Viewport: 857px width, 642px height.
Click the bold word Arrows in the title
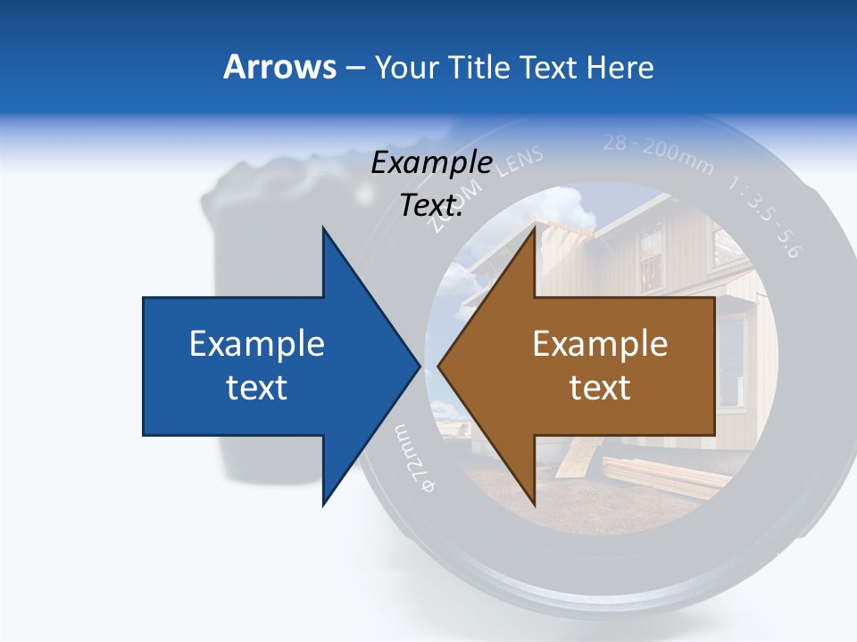(x=280, y=67)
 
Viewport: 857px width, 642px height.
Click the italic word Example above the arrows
(x=431, y=163)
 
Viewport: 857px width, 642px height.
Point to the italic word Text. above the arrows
(x=431, y=205)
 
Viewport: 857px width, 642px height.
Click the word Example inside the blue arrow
(x=257, y=343)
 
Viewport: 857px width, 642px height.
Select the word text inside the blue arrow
(x=257, y=387)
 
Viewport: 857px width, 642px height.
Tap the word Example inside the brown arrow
(x=600, y=343)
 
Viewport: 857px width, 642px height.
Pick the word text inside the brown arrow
(x=600, y=387)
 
